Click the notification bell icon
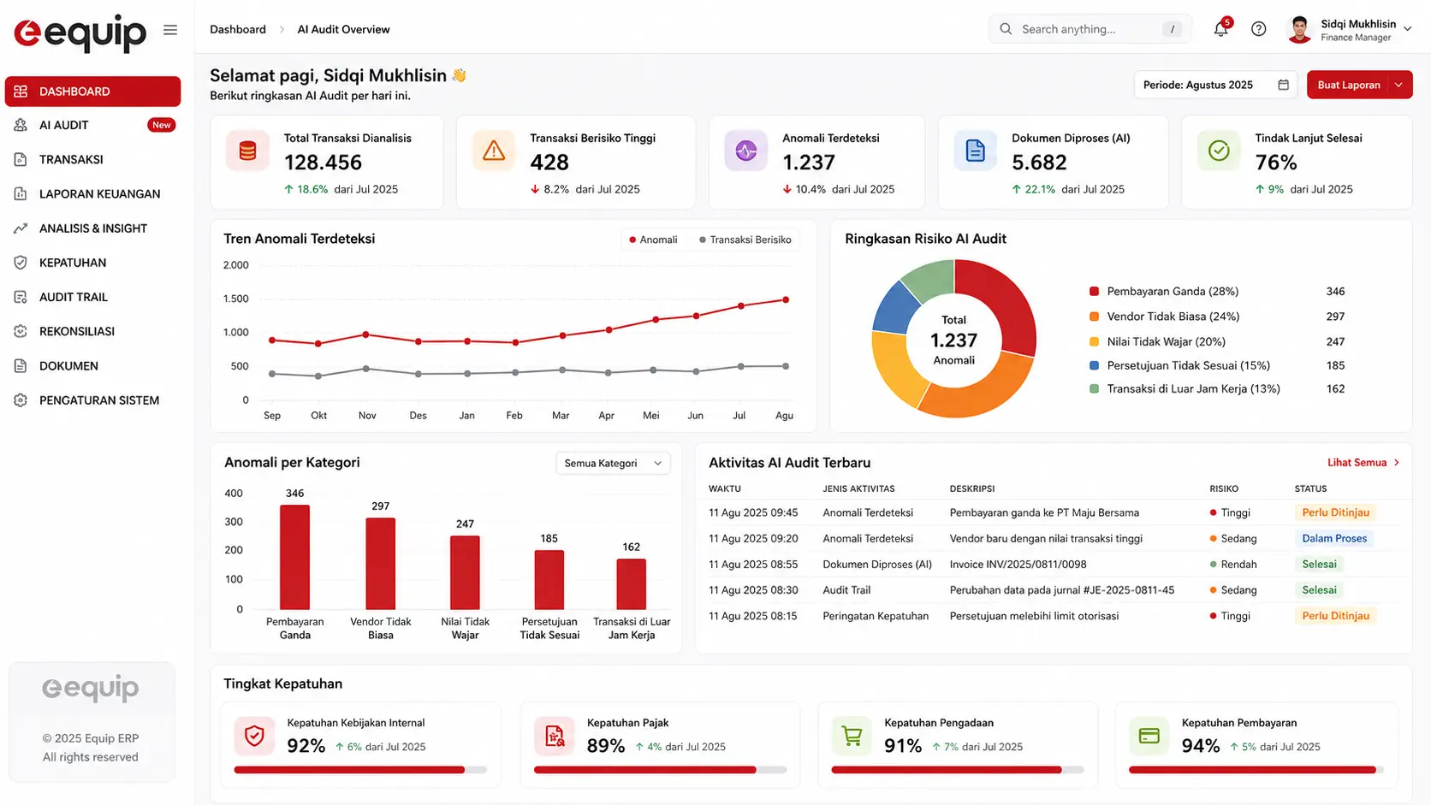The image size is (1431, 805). coord(1220,29)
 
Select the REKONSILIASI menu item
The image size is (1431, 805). coord(77,331)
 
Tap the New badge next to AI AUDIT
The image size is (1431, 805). coord(161,125)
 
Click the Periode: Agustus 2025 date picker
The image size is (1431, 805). coord(1215,85)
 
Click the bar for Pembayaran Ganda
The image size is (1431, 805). coord(294,557)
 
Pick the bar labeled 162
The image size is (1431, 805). coord(631,584)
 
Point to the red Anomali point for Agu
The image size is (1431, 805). coord(786,299)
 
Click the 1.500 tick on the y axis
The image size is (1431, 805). coord(235,299)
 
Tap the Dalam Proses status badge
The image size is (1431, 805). coord(1334,538)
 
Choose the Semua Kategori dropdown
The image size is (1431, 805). coord(613,463)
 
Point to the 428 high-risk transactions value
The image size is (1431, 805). coord(549,163)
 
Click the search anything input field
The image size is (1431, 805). coord(1090,29)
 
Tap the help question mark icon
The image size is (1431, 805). coord(1258,29)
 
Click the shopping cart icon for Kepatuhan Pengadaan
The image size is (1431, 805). coord(852,736)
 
